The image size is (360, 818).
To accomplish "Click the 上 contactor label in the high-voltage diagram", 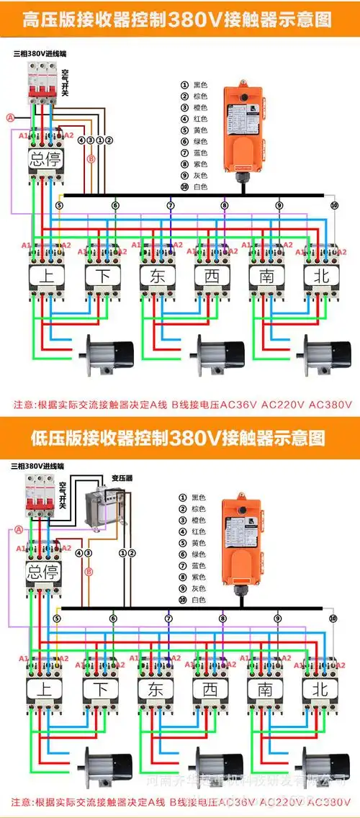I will [45, 275].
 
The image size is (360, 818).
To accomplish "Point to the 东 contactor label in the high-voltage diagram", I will [158, 275].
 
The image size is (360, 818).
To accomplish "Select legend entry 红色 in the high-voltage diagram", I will [199, 119].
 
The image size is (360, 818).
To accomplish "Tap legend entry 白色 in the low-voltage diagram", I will [198, 600].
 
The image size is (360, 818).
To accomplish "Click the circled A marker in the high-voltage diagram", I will [10, 117].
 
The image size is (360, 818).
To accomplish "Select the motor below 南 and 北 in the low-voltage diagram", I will [323, 766].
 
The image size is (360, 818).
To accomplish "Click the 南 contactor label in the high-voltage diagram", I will [266, 275].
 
